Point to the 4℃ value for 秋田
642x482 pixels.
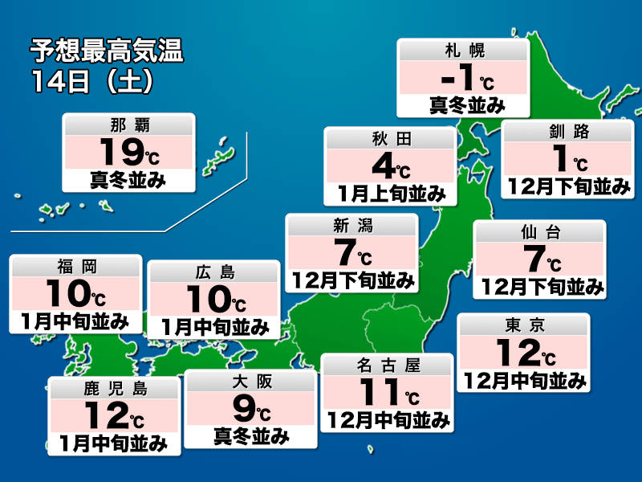coord(391,165)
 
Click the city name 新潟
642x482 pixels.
coord(353,226)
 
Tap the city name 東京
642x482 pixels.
coord(525,325)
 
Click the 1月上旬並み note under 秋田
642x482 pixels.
coord(391,193)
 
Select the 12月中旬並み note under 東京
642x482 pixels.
coord(525,381)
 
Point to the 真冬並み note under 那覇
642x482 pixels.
coord(128,180)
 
